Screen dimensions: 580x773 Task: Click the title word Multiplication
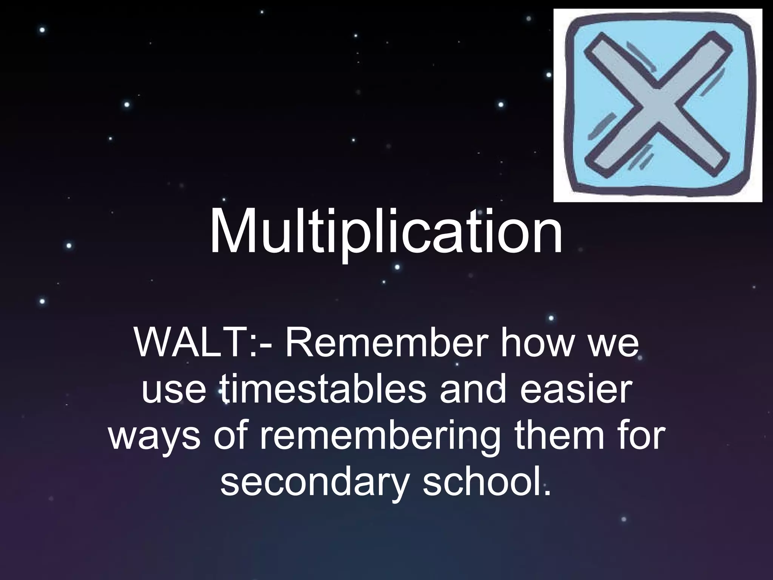pyautogui.click(x=386, y=231)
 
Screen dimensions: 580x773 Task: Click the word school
pyautogui.click(x=479, y=480)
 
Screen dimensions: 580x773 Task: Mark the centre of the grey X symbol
pyautogui.click(x=658, y=107)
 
